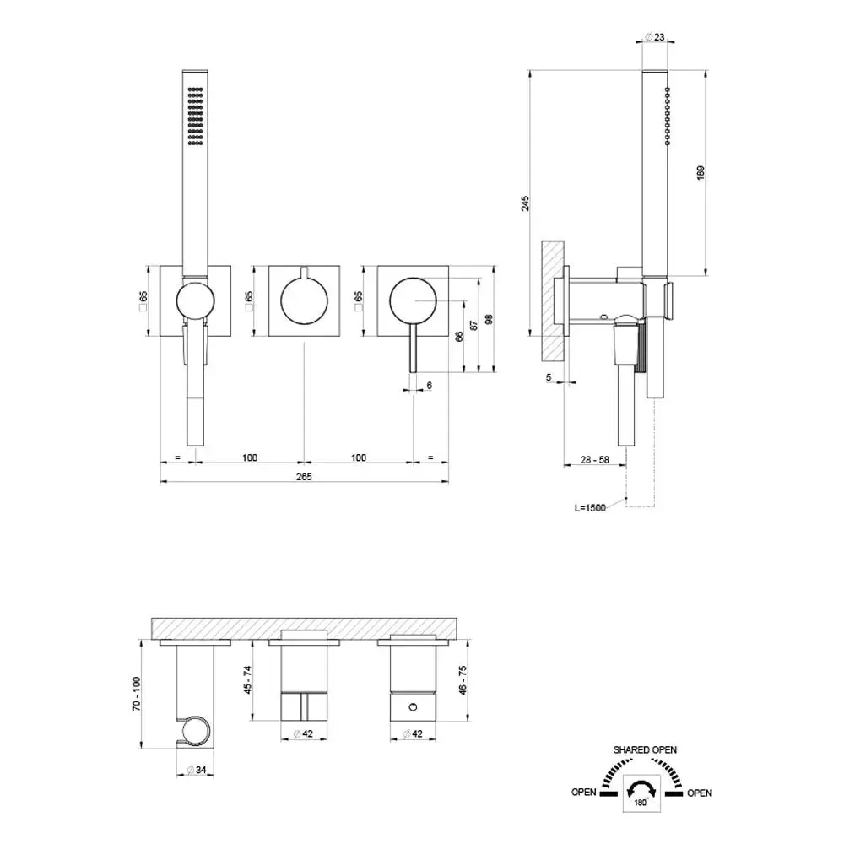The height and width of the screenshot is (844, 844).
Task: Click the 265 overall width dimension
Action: point(304,476)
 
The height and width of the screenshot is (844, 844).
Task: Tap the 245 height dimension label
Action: point(525,203)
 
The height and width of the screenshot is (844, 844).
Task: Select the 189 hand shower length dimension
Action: point(701,172)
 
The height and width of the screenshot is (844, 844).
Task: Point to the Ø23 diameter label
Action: point(655,37)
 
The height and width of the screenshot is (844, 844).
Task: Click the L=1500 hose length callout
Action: point(590,507)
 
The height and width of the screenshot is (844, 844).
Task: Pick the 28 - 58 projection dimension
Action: point(595,460)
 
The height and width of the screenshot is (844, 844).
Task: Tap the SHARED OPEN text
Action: point(645,749)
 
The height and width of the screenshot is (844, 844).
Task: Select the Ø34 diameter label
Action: point(196,771)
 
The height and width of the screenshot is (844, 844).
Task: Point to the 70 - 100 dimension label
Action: point(136,694)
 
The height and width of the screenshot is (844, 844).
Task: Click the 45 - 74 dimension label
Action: point(247,679)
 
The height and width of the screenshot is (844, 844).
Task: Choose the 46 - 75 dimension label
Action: point(463,679)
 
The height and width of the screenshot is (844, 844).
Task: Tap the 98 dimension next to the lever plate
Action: point(489,319)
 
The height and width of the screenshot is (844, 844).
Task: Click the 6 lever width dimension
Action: point(429,386)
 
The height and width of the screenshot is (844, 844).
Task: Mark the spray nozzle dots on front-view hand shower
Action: point(195,116)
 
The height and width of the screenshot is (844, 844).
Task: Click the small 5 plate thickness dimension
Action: point(549,377)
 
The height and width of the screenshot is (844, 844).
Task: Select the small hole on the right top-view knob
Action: point(413,707)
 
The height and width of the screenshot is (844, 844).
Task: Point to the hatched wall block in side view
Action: point(553,301)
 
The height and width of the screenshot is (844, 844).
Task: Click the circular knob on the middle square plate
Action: point(304,301)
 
